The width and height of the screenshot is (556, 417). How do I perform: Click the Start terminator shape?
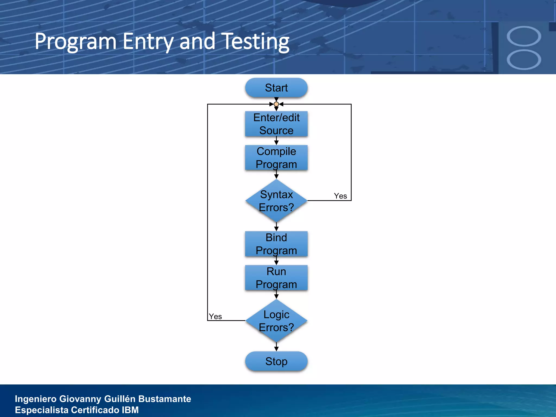pyautogui.click(x=276, y=88)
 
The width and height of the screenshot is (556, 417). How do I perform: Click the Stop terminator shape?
pyautogui.click(x=276, y=361)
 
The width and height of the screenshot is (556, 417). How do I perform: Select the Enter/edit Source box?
pyautogui.click(x=276, y=124)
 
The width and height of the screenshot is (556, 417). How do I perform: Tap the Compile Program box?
pyautogui.click(x=276, y=158)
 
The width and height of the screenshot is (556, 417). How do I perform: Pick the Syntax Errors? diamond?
pyautogui.click(x=276, y=201)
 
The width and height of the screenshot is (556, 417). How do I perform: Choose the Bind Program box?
pyautogui.click(x=276, y=244)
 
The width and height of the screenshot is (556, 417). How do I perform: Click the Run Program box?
pyautogui.click(x=276, y=278)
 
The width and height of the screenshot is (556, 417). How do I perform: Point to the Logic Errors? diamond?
pyautogui.click(x=276, y=321)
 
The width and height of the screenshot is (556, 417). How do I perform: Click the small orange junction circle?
pyautogui.click(x=276, y=104)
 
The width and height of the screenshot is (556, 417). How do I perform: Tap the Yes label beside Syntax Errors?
pyautogui.click(x=340, y=196)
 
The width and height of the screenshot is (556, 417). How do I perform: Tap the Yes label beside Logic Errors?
pyautogui.click(x=215, y=317)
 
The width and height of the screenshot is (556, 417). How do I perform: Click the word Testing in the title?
pyautogui.click(x=255, y=42)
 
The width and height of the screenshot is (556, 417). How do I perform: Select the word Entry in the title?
pyautogui.click(x=148, y=42)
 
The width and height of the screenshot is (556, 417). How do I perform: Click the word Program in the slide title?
pyautogui.click(x=75, y=42)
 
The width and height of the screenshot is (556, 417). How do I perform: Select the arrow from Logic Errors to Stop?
pyautogui.click(x=276, y=347)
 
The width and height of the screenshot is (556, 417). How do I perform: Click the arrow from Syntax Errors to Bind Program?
pyautogui.click(x=276, y=227)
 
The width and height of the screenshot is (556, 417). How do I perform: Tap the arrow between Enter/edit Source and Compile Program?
pyautogui.click(x=276, y=141)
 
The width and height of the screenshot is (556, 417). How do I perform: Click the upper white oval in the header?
pyautogui.click(x=524, y=36)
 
